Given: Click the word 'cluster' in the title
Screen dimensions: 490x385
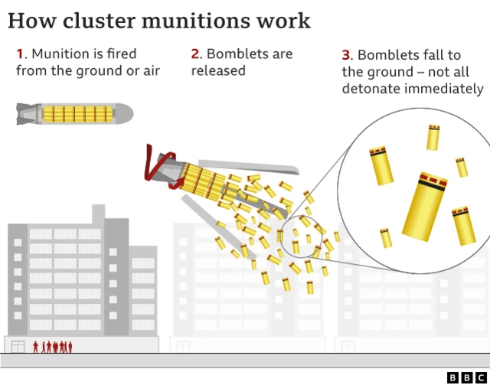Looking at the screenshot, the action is coord(100,21).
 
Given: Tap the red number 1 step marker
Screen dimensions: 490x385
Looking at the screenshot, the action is coord(20,54).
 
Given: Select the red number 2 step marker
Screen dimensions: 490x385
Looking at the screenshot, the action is coord(195,54).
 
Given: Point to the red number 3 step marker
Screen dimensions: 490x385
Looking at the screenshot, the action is coord(345,55).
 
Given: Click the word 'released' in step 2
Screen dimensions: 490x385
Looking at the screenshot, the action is coord(218,70).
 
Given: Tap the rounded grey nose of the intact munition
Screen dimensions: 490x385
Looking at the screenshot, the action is coord(124,114).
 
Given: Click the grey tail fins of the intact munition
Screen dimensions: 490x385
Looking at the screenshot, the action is coord(28,114).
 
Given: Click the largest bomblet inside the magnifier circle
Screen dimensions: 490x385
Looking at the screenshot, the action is coord(425,206).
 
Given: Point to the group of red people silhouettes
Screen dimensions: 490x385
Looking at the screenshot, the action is coord(53,347).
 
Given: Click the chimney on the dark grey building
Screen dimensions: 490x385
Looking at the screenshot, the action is coord(99,214).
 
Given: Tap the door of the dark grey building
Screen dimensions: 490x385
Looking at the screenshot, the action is coord(18,347).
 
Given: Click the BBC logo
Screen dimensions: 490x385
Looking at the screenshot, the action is coord(466,377).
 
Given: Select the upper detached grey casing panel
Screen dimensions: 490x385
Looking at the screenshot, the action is coord(249,167).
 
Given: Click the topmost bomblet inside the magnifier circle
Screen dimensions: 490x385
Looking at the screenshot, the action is coord(433,137).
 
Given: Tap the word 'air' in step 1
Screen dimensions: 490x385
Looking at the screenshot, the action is coord(152,70).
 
